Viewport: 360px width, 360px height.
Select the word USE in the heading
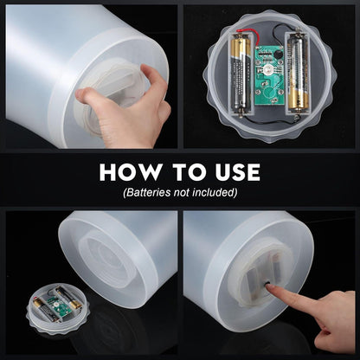[238, 172]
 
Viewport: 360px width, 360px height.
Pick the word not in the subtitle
[182, 192]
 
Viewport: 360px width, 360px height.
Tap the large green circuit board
[269, 75]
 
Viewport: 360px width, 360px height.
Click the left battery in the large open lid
[241, 74]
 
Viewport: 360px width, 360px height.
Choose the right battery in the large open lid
[297, 74]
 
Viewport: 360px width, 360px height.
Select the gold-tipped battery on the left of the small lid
[43, 309]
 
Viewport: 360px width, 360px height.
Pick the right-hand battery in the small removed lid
[68, 297]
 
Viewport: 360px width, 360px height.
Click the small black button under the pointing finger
[266, 284]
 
